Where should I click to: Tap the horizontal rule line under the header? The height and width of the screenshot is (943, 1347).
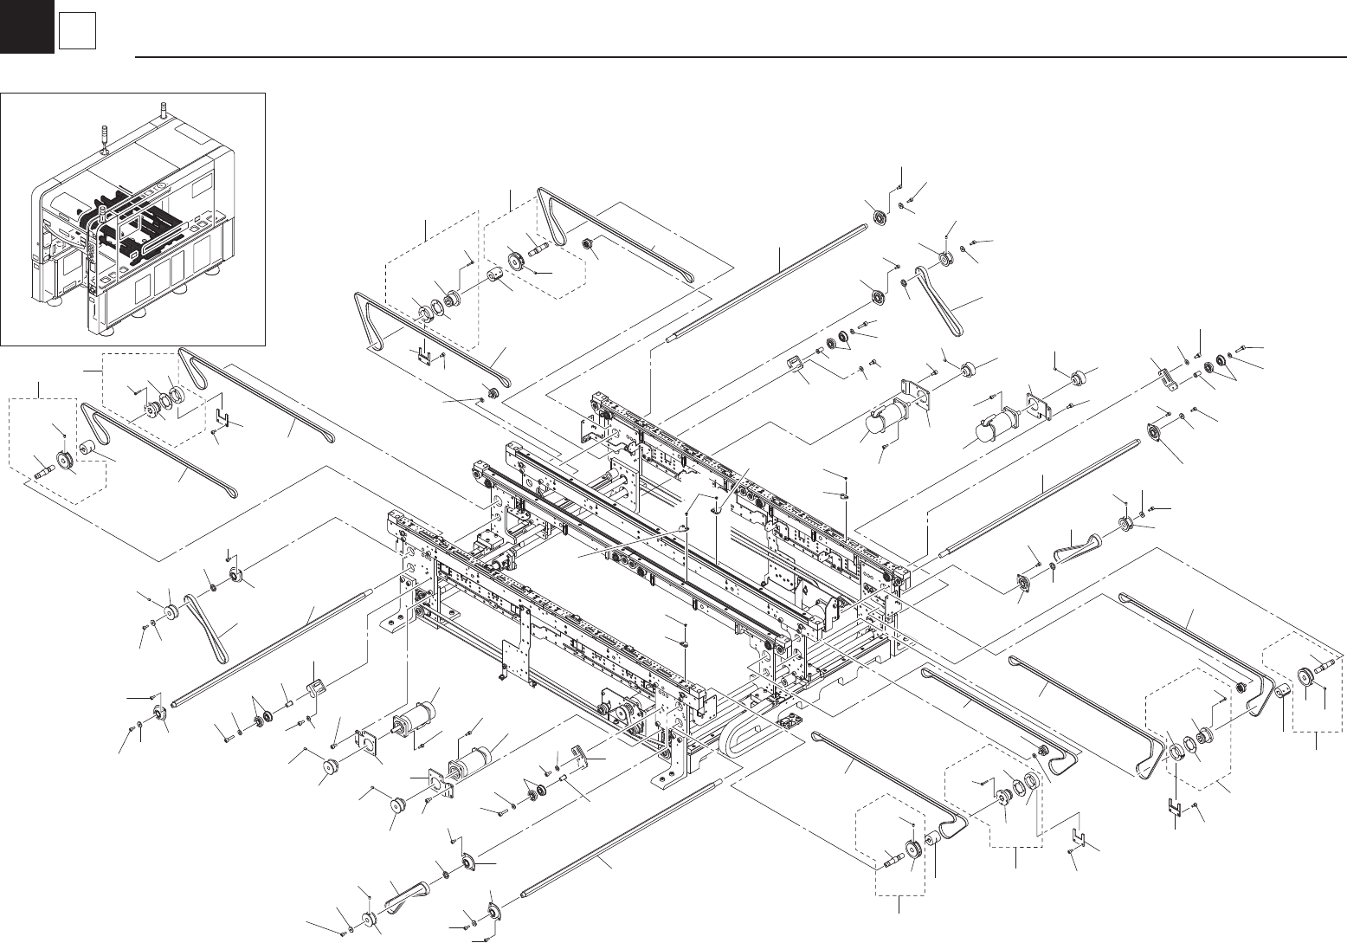(x=736, y=57)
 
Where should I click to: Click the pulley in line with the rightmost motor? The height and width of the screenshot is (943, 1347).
(x=1078, y=379)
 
